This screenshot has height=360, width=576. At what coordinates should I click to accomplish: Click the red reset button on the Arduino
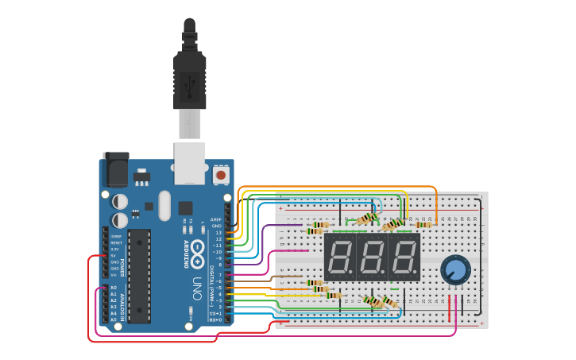[219, 172]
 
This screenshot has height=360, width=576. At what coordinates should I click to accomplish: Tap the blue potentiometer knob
[455, 269]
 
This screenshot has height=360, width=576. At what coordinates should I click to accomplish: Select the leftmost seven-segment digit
[340, 257]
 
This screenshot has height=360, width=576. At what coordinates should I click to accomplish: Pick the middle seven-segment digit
[372, 257]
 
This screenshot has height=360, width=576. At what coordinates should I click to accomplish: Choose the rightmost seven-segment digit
[404, 257]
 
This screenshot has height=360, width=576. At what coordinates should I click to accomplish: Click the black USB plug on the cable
[190, 79]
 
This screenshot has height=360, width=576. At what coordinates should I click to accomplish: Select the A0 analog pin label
[113, 288]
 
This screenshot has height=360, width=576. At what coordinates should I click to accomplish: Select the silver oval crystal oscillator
[164, 205]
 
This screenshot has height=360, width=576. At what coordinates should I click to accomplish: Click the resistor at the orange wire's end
[423, 224]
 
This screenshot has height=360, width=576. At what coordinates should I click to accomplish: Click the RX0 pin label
[215, 319]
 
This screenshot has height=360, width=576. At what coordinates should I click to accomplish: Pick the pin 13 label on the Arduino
[218, 233]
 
